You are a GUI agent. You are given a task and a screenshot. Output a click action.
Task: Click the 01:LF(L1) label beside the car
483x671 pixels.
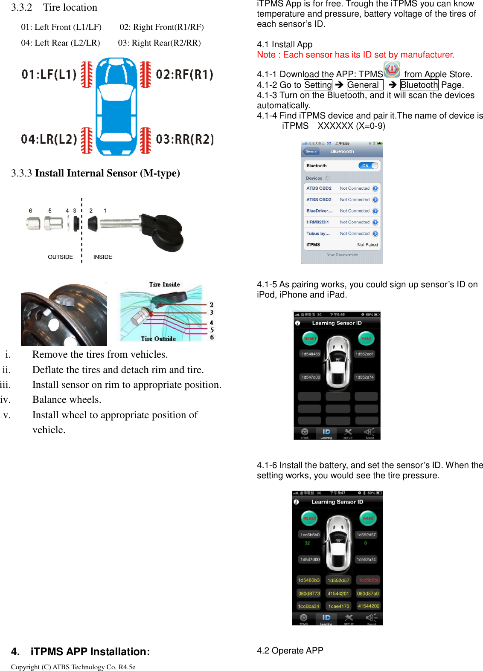(49, 75)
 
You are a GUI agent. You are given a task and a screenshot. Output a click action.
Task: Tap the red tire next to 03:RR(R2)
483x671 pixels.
(145, 140)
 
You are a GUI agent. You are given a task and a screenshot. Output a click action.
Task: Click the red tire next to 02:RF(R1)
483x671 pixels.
(145, 75)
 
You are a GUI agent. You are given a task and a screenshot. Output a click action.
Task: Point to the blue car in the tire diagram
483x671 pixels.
(116, 107)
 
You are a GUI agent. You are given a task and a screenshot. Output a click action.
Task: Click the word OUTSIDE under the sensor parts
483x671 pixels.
(60, 257)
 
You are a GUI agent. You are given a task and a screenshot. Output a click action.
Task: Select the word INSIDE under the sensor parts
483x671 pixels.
(102, 257)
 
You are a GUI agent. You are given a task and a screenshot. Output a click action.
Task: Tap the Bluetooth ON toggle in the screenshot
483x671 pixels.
(368, 166)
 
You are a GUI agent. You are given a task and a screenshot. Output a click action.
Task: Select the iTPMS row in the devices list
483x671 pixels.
(342, 245)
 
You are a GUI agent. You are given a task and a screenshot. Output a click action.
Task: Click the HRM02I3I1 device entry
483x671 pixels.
(317, 222)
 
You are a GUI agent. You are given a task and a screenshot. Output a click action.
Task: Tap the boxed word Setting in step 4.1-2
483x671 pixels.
(318, 85)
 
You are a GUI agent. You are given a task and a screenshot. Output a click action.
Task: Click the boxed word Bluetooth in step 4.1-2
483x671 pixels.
(419, 85)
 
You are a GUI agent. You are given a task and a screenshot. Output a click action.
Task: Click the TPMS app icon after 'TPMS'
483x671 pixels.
(392, 69)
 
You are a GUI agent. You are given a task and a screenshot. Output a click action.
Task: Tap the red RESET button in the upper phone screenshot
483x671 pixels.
(310, 338)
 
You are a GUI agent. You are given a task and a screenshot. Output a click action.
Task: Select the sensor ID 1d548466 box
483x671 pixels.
(311, 354)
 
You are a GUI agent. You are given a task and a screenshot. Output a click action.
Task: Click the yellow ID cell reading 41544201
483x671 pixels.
(338, 593)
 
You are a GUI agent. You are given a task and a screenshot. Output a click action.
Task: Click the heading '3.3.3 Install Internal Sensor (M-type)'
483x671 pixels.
(96, 173)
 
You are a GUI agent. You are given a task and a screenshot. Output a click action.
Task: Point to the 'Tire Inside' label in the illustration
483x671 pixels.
(164, 284)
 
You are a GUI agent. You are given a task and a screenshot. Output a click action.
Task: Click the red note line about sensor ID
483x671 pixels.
(355, 55)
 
